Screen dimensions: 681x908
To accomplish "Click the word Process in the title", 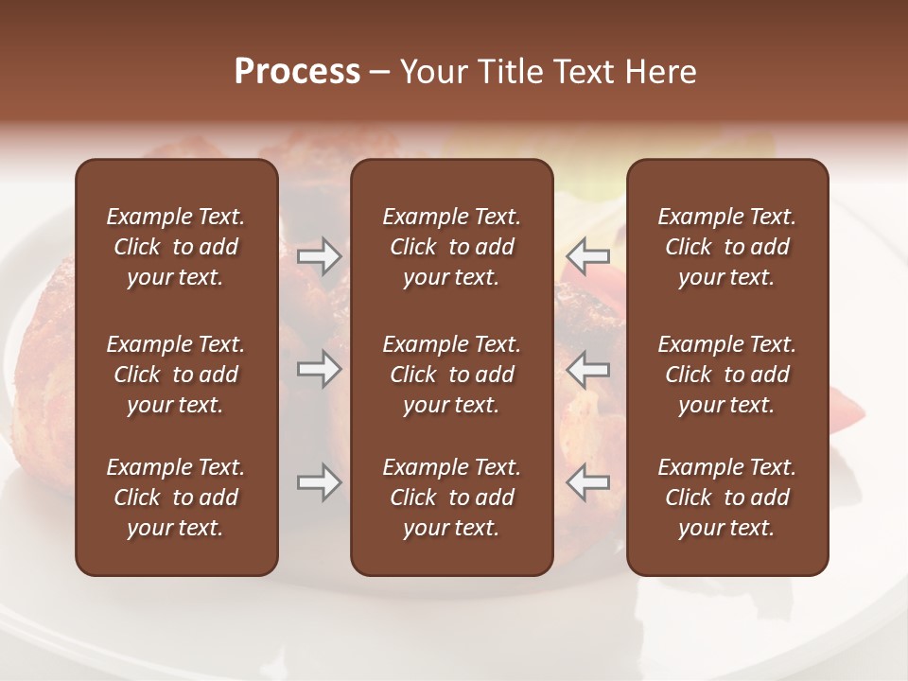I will pyautogui.click(x=297, y=72).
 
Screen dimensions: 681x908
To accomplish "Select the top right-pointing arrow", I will pyautogui.click(x=320, y=256).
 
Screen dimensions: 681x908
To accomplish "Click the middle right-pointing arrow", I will pyautogui.click(x=320, y=369).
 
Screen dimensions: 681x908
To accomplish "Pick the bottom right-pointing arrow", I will pyautogui.click(x=320, y=482).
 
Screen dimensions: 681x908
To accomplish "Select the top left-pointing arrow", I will pyautogui.click(x=588, y=255).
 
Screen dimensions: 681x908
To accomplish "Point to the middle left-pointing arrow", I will pyautogui.click(x=588, y=369).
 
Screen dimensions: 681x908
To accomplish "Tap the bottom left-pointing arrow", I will pyautogui.click(x=588, y=482).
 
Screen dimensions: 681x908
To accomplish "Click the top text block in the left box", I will pyautogui.click(x=176, y=247).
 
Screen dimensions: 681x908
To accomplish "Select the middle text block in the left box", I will pyautogui.click(x=176, y=375).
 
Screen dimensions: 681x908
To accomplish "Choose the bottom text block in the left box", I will pyautogui.click(x=176, y=498).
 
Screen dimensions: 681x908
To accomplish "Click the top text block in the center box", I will pyautogui.click(x=451, y=247).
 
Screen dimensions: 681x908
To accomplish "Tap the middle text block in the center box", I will pyautogui.click(x=451, y=375).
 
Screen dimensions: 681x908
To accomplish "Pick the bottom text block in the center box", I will pyautogui.click(x=451, y=498).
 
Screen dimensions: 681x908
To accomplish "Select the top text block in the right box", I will pyautogui.click(x=726, y=247).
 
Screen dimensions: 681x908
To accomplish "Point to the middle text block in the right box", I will pyautogui.click(x=726, y=375).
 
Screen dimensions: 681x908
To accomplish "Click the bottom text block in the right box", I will pyautogui.click(x=726, y=498).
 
